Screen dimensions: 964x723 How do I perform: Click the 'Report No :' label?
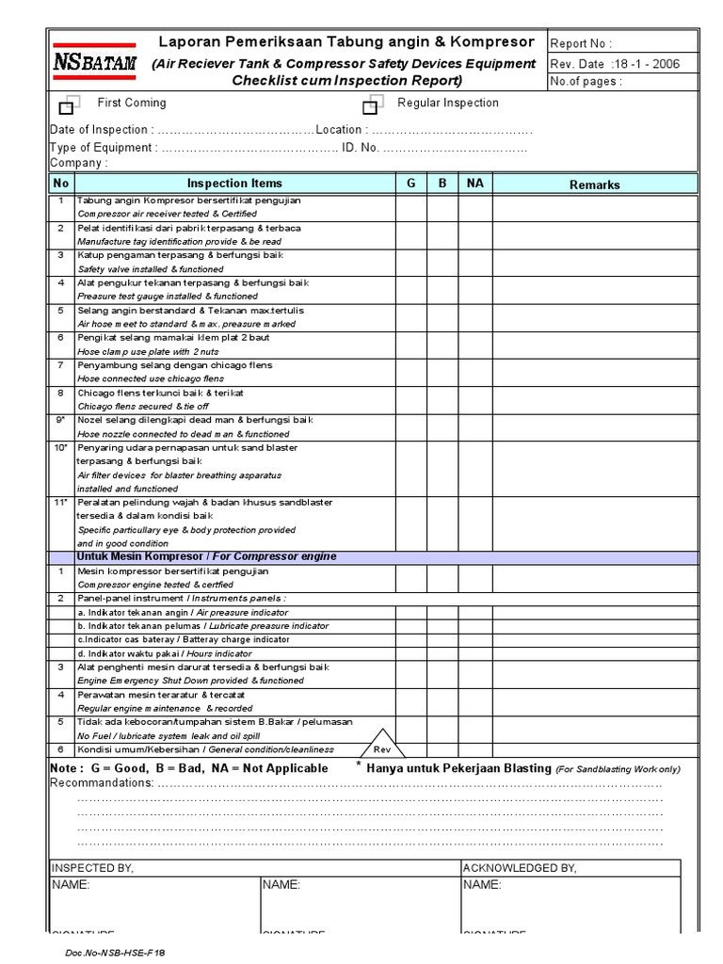click(580, 43)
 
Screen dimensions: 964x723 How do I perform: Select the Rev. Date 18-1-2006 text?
click(612, 63)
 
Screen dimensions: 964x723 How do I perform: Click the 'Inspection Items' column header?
click(234, 184)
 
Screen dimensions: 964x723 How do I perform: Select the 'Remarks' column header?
click(594, 185)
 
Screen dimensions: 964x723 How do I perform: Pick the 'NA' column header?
click(474, 184)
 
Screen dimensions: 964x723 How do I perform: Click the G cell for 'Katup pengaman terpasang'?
click(410, 262)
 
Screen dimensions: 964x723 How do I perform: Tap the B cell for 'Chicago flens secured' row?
click(442, 399)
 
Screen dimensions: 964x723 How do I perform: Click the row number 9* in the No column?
click(60, 420)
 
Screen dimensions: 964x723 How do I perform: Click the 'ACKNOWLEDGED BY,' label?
click(520, 868)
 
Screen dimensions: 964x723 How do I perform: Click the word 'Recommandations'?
click(102, 783)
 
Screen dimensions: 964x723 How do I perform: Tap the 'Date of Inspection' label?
click(99, 130)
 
